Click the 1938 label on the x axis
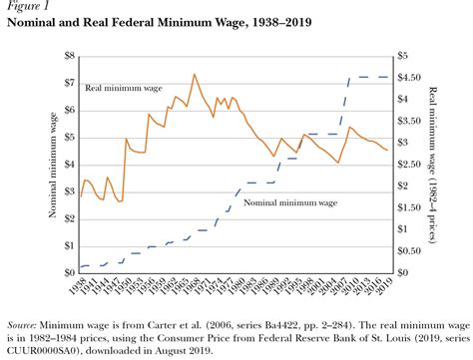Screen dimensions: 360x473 (83, 286)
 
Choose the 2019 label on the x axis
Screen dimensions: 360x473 (384, 286)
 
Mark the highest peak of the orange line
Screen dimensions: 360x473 (194, 74)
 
